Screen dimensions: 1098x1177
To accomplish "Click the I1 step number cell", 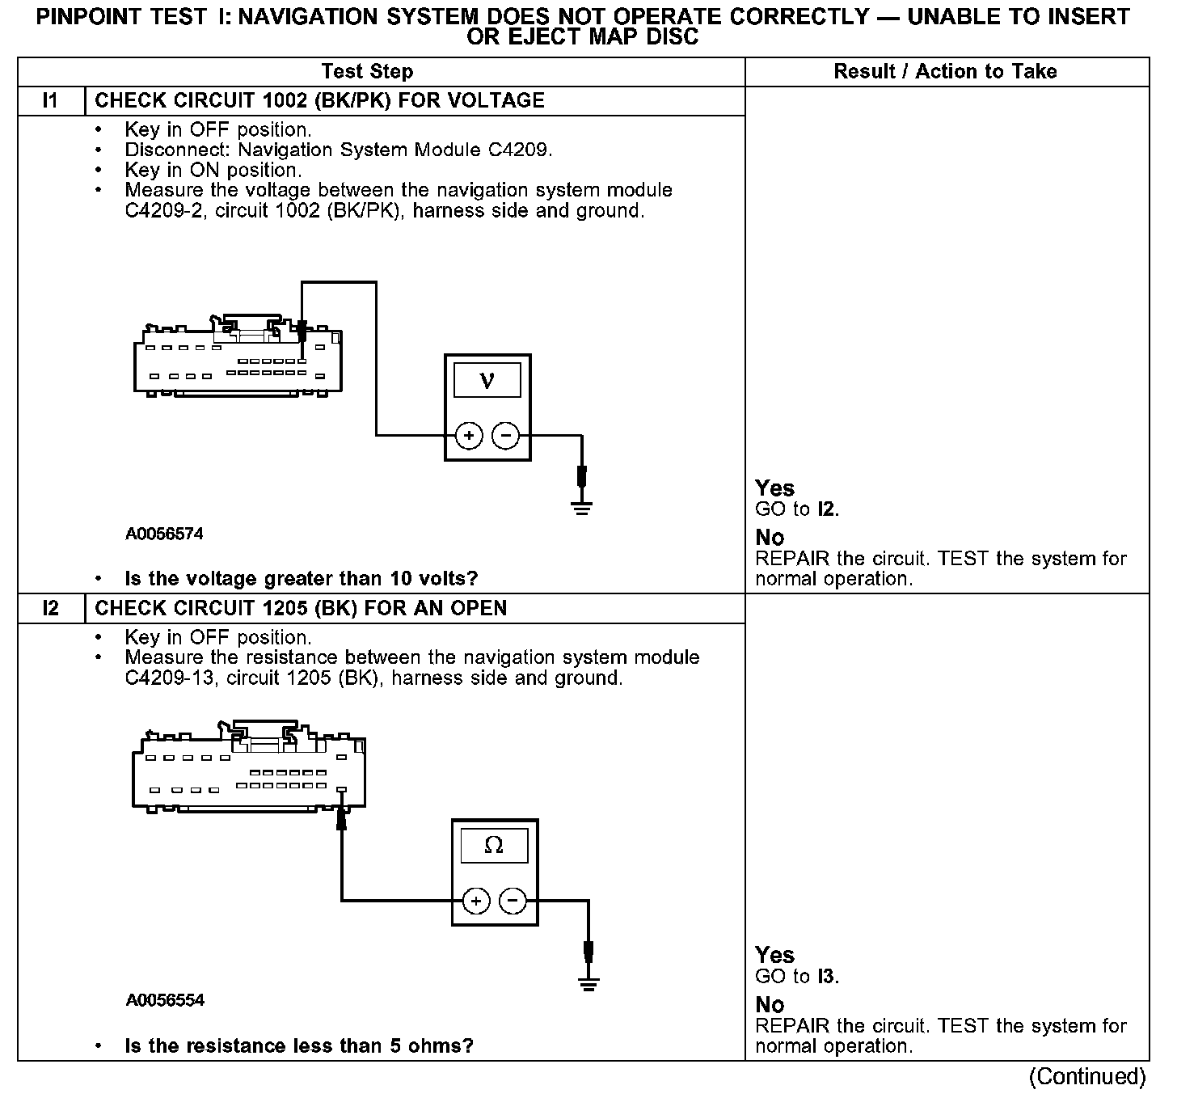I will (x=50, y=101).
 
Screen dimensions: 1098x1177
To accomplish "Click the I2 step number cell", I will (x=50, y=608).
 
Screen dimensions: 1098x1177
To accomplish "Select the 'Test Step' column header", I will (x=367, y=72).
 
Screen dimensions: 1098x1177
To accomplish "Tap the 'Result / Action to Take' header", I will (x=945, y=72).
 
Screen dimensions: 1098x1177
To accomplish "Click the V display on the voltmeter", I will (x=487, y=380).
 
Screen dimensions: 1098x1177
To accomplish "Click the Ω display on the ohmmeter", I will (x=494, y=846).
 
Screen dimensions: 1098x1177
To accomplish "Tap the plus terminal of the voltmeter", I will (x=469, y=436).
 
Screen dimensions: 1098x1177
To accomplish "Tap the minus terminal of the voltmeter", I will (x=506, y=436).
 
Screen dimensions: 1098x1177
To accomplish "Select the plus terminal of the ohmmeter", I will (x=476, y=901).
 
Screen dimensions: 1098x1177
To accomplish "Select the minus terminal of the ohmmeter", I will (x=513, y=901).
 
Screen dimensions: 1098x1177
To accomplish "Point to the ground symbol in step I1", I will (x=581, y=506).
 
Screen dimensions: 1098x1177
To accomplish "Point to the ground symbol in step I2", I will (x=588, y=983).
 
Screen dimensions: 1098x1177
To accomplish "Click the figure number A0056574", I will (x=164, y=534).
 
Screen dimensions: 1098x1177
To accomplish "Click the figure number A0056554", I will (x=165, y=1000).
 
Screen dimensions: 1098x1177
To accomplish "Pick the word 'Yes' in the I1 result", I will (x=774, y=488).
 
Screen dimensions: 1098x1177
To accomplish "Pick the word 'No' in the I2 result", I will (x=770, y=1005).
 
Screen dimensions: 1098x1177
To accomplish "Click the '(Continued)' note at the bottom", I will (x=1087, y=1077).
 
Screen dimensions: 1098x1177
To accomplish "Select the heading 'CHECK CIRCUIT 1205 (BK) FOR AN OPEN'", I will (x=301, y=608).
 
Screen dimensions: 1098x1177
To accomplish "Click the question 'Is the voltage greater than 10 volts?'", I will (x=302, y=579).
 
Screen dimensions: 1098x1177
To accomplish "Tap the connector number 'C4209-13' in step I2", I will (x=171, y=678).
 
